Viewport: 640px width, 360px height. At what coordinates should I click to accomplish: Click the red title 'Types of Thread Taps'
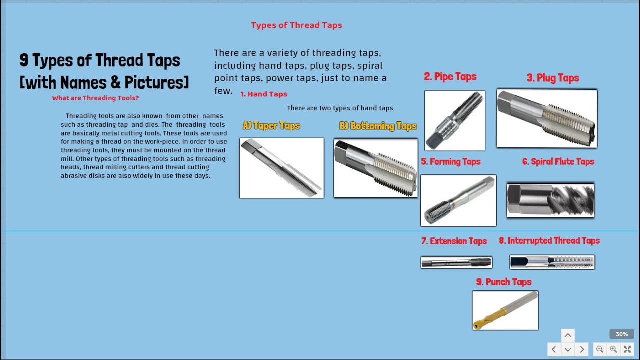(296, 25)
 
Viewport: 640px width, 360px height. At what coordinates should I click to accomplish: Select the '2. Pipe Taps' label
(450, 77)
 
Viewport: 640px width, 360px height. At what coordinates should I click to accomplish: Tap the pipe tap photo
(454, 120)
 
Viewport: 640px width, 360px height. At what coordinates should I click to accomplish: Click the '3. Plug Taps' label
(553, 78)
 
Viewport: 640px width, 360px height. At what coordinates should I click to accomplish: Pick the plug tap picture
(547, 118)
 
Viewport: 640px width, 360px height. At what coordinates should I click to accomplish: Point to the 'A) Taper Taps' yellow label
(271, 126)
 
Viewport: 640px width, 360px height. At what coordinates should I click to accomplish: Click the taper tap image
(281, 168)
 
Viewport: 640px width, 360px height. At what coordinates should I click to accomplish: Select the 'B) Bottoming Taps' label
(378, 126)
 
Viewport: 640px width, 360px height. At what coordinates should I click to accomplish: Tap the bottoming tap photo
(375, 168)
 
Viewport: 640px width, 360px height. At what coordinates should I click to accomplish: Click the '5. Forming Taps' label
(450, 162)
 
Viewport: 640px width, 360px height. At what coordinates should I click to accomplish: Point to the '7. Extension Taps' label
(454, 241)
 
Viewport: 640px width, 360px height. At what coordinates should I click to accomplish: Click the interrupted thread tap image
(552, 262)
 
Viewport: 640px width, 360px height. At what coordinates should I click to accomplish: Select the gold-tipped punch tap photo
(505, 310)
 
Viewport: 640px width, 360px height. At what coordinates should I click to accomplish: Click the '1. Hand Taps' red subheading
(263, 94)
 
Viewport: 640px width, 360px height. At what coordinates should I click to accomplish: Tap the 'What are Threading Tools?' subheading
(95, 98)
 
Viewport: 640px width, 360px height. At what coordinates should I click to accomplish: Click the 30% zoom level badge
(621, 334)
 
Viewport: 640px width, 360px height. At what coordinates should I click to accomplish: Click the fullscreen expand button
(627, 349)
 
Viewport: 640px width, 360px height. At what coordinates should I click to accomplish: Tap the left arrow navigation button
(554, 349)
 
